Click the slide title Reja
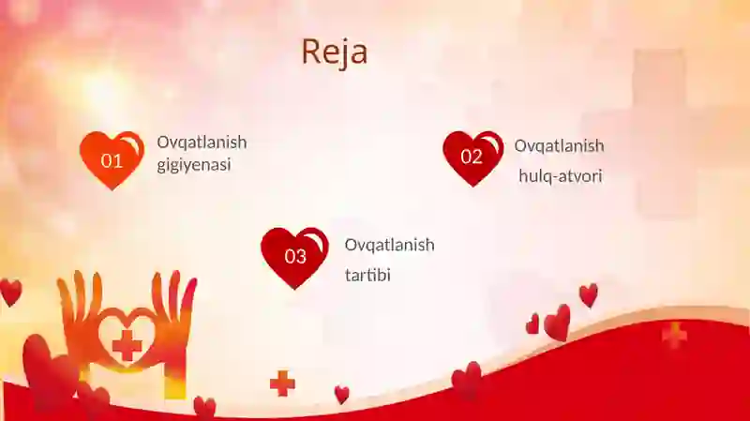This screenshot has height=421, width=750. click(x=335, y=52)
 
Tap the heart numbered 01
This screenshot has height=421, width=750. click(x=112, y=159)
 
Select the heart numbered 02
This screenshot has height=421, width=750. click(x=473, y=158)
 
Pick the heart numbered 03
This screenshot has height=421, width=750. click(x=294, y=258)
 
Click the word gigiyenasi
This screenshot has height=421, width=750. click(x=194, y=165)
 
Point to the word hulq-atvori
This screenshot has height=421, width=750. click(x=560, y=176)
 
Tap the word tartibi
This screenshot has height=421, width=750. click(x=367, y=275)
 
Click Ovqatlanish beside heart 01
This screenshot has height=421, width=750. click(x=202, y=143)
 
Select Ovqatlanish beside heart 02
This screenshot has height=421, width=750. click(x=559, y=146)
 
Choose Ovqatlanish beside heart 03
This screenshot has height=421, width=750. click(x=389, y=245)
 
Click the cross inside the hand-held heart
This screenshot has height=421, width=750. click(x=127, y=345)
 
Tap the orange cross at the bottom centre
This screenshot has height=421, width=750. click(x=282, y=383)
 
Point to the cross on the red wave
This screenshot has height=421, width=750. click(x=674, y=336)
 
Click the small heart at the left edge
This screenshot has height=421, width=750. click(x=10, y=293)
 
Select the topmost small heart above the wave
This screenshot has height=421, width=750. click(x=589, y=295)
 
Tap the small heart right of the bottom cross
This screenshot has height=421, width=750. click(x=341, y=395)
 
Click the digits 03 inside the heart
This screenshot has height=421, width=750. click(x=295, y=257)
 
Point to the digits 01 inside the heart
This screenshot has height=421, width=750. click(x=112, y=160)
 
